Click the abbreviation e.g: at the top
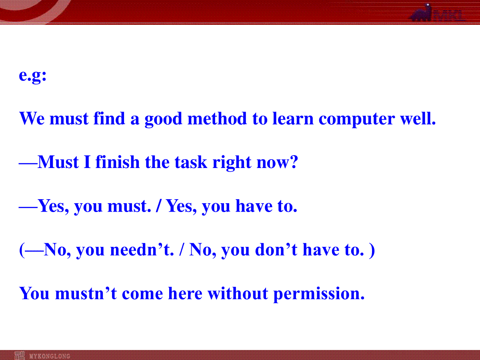point(32,76)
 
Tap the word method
point(217,118)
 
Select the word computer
point(357,120)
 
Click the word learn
point(293,118)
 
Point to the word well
point(418,118)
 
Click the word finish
point(118,162)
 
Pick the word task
point(191,162)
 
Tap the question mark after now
point(294,162)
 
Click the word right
point(232,163)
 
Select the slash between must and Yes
point(158,206)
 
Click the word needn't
point(142,249)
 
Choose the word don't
point(276,249)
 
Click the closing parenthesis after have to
point(372,250)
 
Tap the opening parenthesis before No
point(22,250)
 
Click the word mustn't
point(86,293)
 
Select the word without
point(238,293)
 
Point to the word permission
point(319,294)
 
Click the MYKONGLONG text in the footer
point(50,356)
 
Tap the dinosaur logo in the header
point(421,13)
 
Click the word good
point(163,119)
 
